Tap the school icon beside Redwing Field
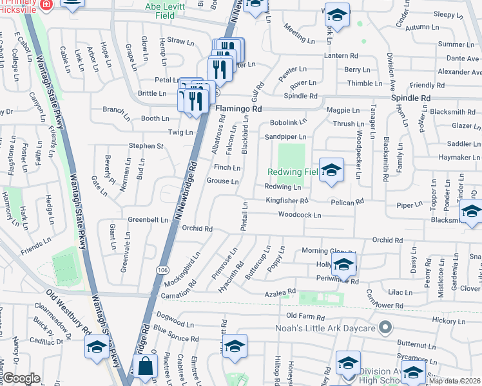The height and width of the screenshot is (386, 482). (331, 170)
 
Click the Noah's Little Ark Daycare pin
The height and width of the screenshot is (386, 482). (385, 329)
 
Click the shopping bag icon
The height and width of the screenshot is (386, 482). (146, 366)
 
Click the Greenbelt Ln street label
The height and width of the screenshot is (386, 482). (148, 219)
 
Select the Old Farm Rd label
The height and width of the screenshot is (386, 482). (305, 315)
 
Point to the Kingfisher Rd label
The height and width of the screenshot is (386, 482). (287, 201)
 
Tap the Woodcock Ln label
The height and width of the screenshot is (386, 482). (300, 215)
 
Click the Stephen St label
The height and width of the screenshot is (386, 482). (146, 146)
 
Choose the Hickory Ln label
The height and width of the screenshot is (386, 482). (448, 320)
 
